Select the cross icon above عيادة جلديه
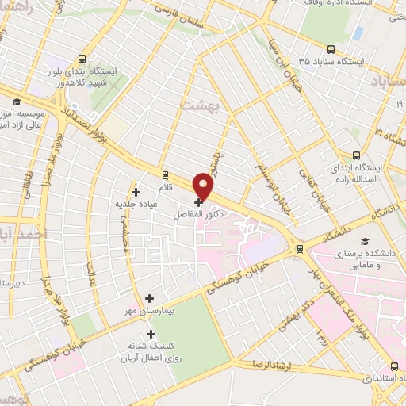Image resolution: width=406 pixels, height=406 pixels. click(x=136, y=191)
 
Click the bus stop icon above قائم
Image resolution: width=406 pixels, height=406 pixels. click(x=165, y=175)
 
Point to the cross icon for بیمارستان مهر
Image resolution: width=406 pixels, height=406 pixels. click(x=149, y=298)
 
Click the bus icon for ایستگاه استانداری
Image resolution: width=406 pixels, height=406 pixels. click(x=395, y=367)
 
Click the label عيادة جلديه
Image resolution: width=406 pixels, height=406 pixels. click(x=133, y=203)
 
